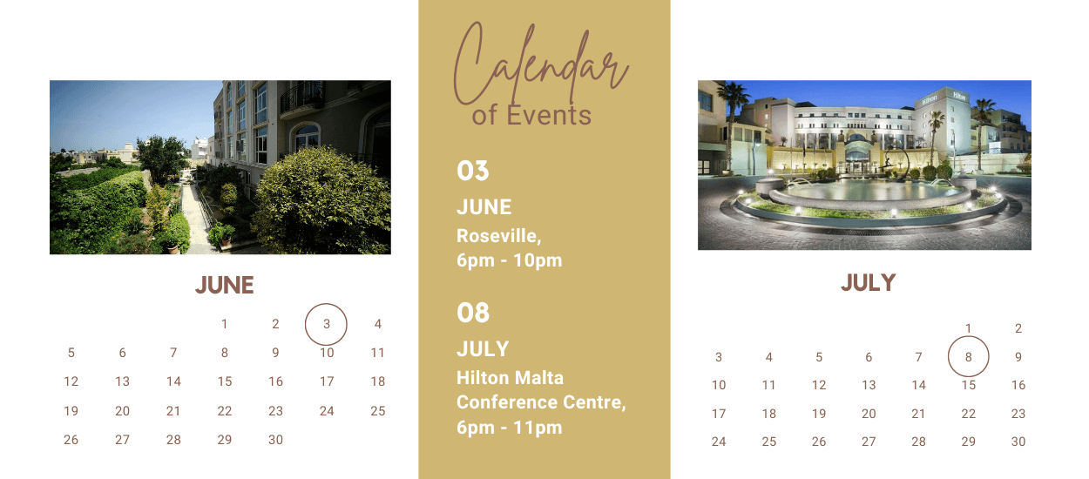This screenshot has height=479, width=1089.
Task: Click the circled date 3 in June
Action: tap(326, 324)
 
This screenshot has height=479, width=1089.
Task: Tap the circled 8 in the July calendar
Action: tap(968, 356)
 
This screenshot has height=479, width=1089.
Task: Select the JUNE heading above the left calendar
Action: tap(225, 285)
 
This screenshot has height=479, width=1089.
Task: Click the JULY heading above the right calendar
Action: tap(869, 283)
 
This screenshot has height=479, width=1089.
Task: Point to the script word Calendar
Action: tap(541, 64)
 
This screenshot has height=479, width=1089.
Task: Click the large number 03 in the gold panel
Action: tap(472, 171)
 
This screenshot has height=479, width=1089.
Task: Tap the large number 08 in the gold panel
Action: tap(472, 313)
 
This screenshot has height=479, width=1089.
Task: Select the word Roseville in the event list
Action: tap(497, 236)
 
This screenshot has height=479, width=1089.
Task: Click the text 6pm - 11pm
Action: tap(509, 428)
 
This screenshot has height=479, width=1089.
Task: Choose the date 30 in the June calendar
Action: tap(275, 440)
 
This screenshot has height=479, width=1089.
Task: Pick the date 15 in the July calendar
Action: tap(969, 385)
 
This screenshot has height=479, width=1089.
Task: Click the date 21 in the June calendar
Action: tap(173, 411)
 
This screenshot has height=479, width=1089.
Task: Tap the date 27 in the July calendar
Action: tap(869, 442)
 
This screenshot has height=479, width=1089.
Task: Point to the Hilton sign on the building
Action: tap(929, 99)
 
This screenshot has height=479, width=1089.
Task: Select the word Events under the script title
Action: tap(549, 115)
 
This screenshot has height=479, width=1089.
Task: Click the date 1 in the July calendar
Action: tap(968, 328)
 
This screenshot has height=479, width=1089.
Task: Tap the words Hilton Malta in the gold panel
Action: tap(510, 378)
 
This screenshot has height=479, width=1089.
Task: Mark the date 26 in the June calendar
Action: tap(71, 440)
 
